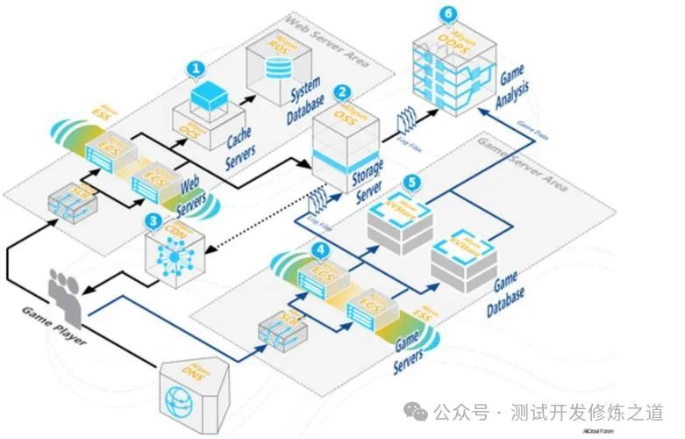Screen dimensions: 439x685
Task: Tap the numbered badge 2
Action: click(x=344, y=91)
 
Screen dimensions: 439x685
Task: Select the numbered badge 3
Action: click(x=154, y=220)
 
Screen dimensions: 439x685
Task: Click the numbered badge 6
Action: click(x=449, y=14)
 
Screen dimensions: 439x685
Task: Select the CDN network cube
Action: click(x=175, y=255)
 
